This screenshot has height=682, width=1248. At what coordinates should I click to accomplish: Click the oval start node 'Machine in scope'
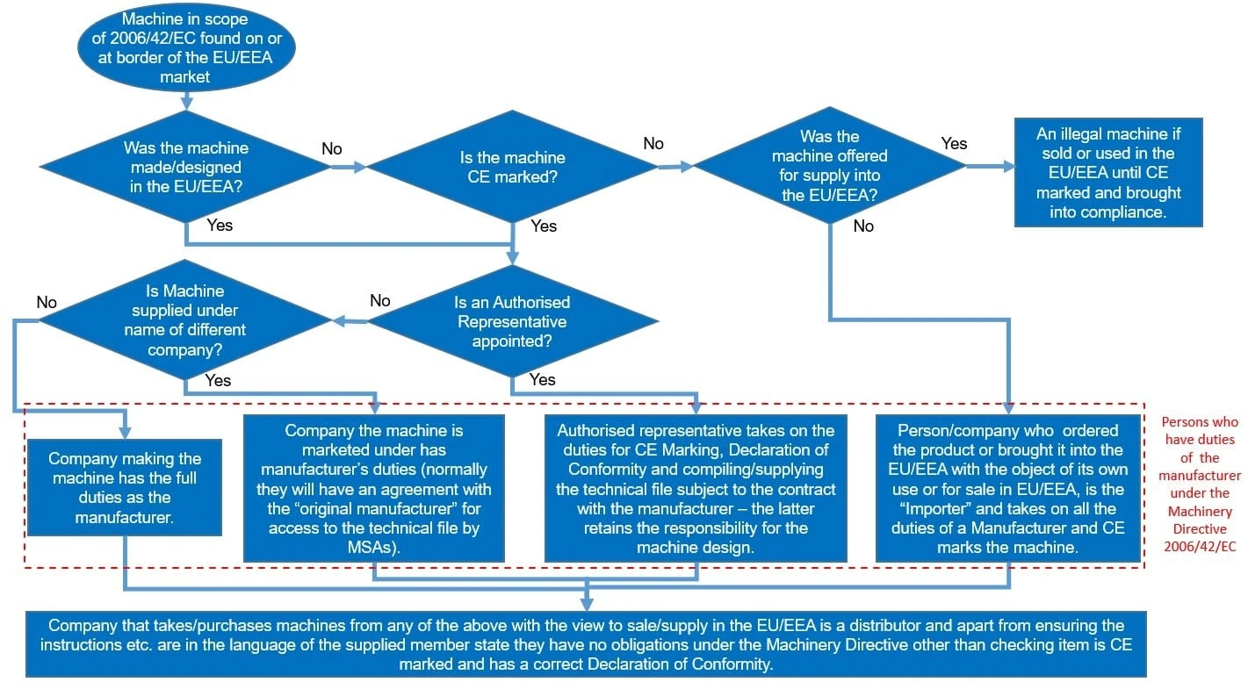click(185, 48)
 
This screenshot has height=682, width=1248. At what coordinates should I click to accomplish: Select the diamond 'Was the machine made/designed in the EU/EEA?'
click(185, 167)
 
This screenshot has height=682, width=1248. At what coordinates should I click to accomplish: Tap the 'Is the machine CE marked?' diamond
click(513, 167)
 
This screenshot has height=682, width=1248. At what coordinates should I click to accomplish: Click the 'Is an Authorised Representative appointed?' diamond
click(513, 321)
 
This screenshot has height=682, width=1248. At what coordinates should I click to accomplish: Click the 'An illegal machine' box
click(1108, 172)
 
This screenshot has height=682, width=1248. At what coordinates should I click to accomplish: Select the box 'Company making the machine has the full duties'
click(125, 488)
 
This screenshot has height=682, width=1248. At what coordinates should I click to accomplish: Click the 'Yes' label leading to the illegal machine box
click(954, 143)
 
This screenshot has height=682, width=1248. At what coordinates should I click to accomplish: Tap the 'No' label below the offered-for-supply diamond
click(863, 226)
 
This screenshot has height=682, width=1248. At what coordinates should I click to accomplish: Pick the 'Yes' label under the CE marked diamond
click(544, 226)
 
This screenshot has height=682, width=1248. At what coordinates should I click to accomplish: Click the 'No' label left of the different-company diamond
click(47, 303)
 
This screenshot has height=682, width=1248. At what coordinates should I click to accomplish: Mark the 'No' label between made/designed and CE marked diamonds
click(331, 149)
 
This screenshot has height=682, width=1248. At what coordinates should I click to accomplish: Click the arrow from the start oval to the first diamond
click(185, 99)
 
